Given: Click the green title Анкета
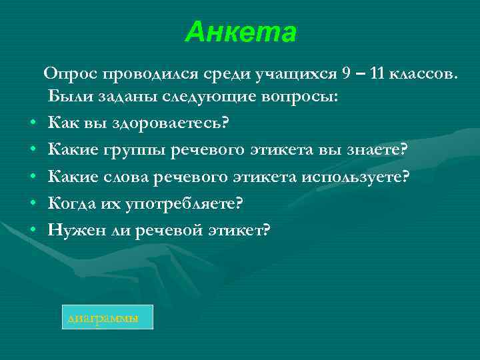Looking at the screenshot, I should [241, 31].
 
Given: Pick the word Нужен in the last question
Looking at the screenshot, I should [73, 230].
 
